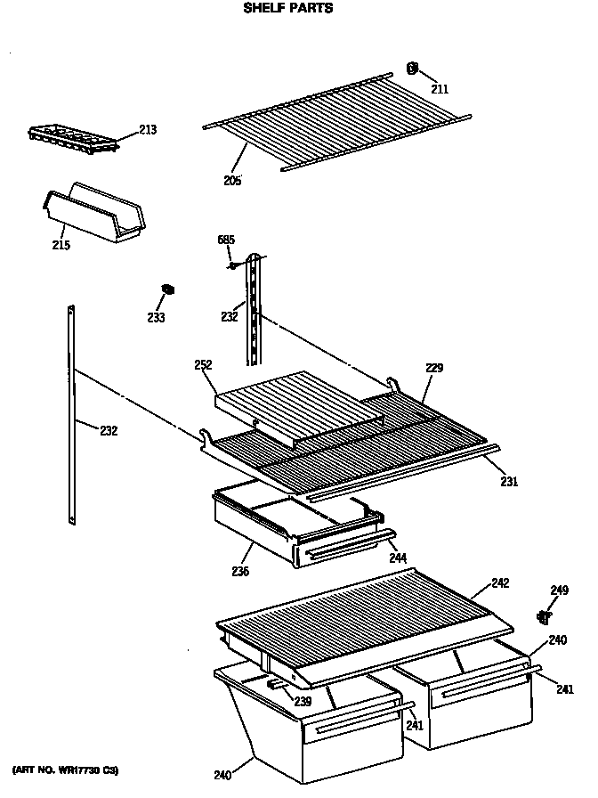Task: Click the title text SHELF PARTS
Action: point(288,9)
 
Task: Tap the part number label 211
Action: point(440,88)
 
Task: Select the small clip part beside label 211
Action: point(412,68)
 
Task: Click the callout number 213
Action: point(147,131)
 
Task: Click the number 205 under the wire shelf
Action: point(232,180)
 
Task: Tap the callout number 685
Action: point(226,240)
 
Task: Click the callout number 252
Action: point(202,365)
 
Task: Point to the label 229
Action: point(433,368)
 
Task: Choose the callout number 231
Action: point(508,482)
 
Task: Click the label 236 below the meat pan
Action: point(239,572)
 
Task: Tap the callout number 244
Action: point(397,558)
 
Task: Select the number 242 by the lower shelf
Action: point(500,583)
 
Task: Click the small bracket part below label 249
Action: point(545,615)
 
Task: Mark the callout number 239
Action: point(303,703)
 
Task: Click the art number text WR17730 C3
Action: point(65,769)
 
